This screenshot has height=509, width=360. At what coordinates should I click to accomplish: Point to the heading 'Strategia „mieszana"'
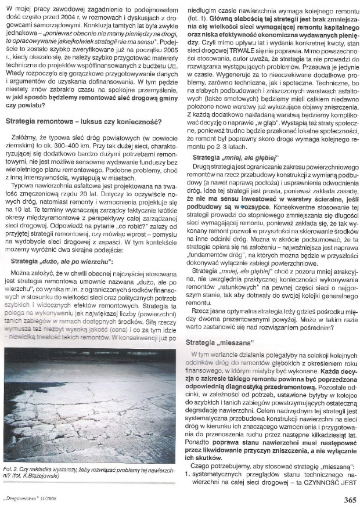pyautogui.click(x=221, y=344)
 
